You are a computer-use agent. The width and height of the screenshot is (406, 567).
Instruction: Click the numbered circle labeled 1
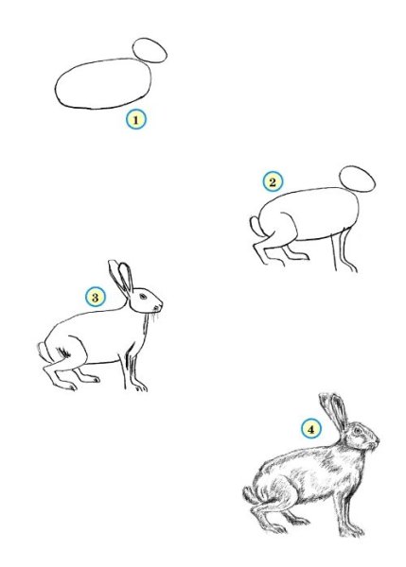(136, 120)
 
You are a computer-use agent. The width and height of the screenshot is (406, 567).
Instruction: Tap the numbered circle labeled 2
(273, 181)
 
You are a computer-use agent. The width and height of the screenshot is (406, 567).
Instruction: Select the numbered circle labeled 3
(96, 298)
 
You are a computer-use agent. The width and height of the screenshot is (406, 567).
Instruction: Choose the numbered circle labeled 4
(311, 429)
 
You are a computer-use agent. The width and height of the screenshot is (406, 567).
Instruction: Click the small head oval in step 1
(150, 50)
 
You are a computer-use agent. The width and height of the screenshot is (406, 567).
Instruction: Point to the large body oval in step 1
(103, 83)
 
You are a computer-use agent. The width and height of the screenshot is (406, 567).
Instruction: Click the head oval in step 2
(357, 179)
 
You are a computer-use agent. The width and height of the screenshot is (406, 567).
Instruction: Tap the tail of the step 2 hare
(256, 226)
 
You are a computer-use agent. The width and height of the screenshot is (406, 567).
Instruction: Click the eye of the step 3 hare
(144, 297)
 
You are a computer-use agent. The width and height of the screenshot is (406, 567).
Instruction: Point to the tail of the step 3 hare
(44, 352)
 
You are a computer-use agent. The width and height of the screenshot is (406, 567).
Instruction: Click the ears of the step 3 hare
(121, 278)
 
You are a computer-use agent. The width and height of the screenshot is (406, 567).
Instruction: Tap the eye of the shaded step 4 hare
(358, 431)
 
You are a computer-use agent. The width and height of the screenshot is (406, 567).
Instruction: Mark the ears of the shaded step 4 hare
(333, 410)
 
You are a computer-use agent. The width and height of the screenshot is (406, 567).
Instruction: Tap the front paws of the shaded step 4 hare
(352, 531)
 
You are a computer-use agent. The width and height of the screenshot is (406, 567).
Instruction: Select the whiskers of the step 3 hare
(155, 317)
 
